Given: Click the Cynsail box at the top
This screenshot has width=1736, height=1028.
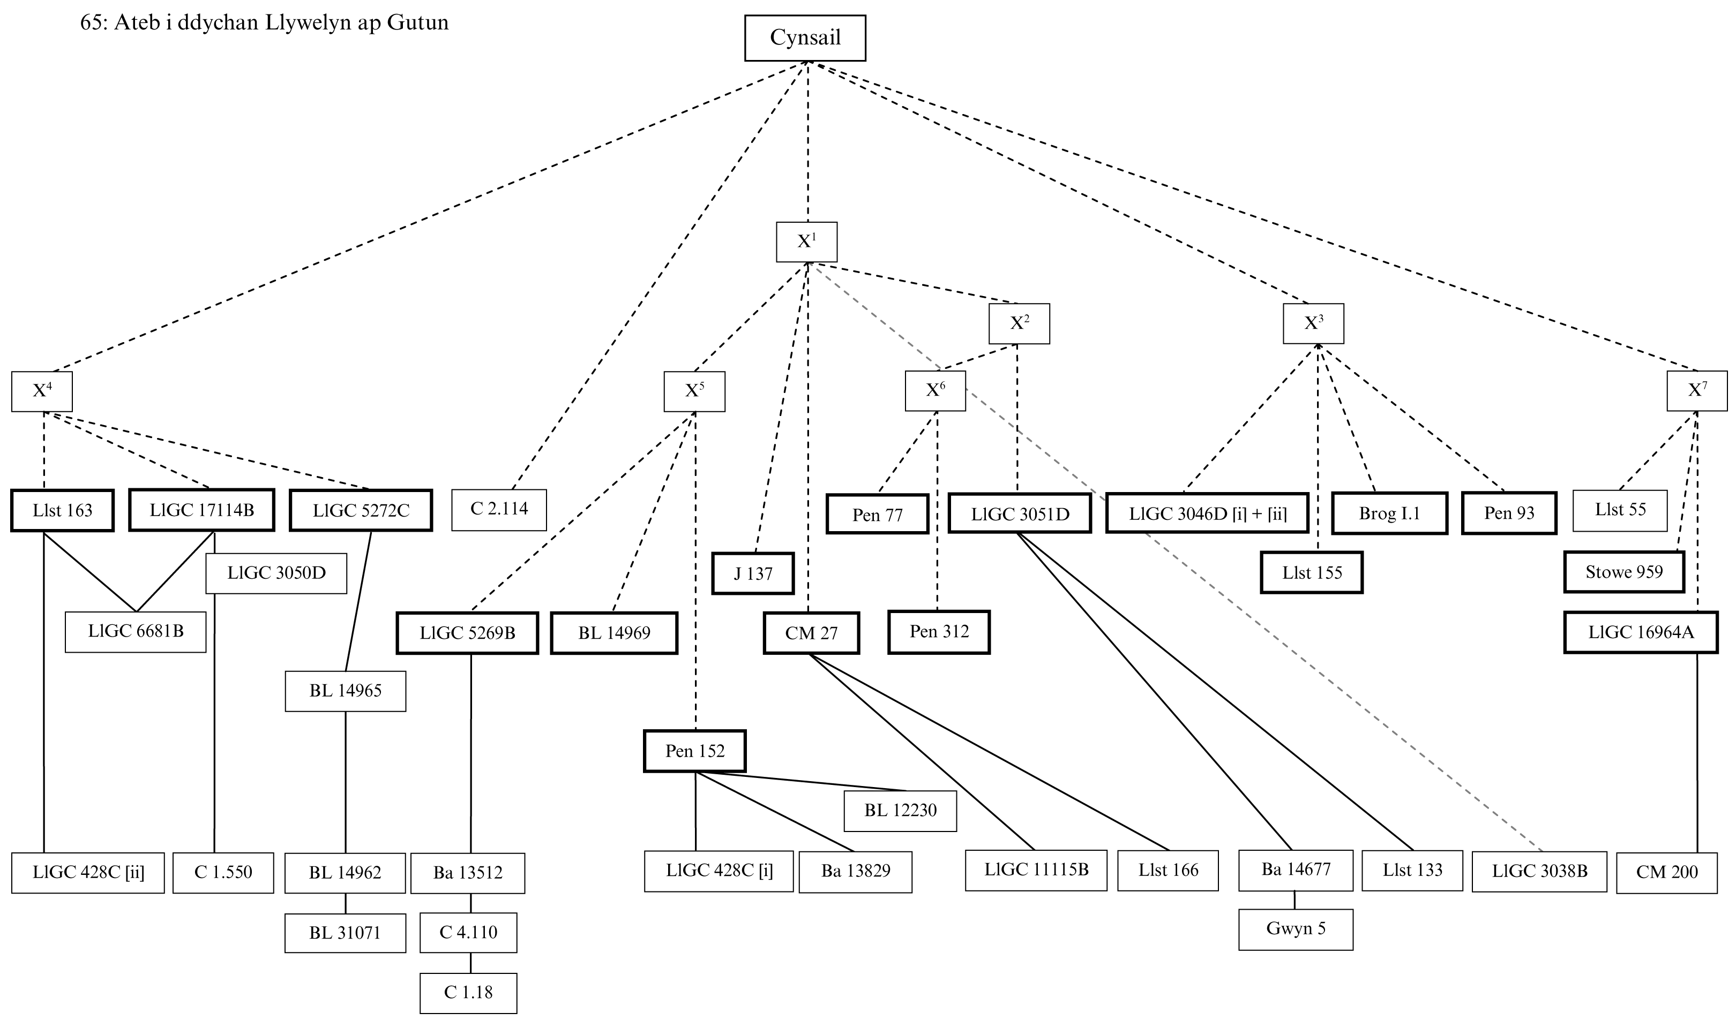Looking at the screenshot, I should coord(805,38).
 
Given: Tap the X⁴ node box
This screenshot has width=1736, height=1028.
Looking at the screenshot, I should coord(42,391).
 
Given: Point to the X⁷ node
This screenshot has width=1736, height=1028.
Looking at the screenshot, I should coord(1696,391).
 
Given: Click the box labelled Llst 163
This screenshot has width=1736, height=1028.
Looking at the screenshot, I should coord(62,511).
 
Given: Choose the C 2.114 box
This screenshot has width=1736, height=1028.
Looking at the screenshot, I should coord(498,510).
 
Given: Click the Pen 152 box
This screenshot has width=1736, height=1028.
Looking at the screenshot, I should coord(694,751).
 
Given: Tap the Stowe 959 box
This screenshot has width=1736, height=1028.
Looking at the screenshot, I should coord(1623,572).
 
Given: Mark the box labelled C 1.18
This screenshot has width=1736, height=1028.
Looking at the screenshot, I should coord(468,993).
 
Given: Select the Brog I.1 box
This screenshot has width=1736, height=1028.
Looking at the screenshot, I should coord(1389,513).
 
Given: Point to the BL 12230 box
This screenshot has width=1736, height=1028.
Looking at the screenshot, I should coord(900,811).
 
